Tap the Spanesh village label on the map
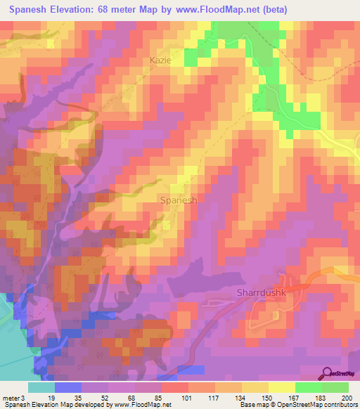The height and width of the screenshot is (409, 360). [179, 200]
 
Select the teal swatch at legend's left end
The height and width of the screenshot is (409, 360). [41, 387]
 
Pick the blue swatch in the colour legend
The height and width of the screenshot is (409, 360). [68, 387]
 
